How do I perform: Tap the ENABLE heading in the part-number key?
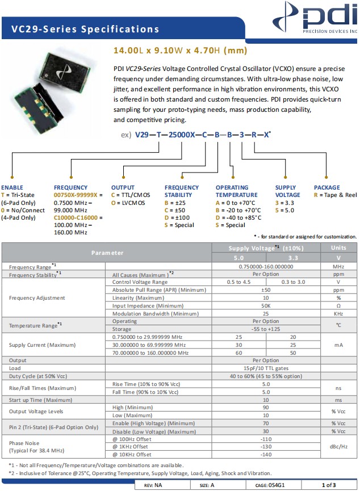tap(12, 187)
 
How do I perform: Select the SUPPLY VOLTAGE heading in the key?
tap(287, 191)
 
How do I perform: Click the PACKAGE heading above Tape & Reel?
tap(327, 187)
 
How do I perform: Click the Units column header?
tap(339, 247)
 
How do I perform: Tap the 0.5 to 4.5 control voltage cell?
tap(238, 282)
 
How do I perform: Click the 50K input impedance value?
tap(266, 305)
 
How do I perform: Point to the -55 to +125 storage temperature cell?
tap(266, 329)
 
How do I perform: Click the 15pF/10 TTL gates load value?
tap(266, 368)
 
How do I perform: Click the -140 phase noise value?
tap(266, 455)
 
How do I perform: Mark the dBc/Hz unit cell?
tap(339, 447)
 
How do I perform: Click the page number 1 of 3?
tap(329, 485)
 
